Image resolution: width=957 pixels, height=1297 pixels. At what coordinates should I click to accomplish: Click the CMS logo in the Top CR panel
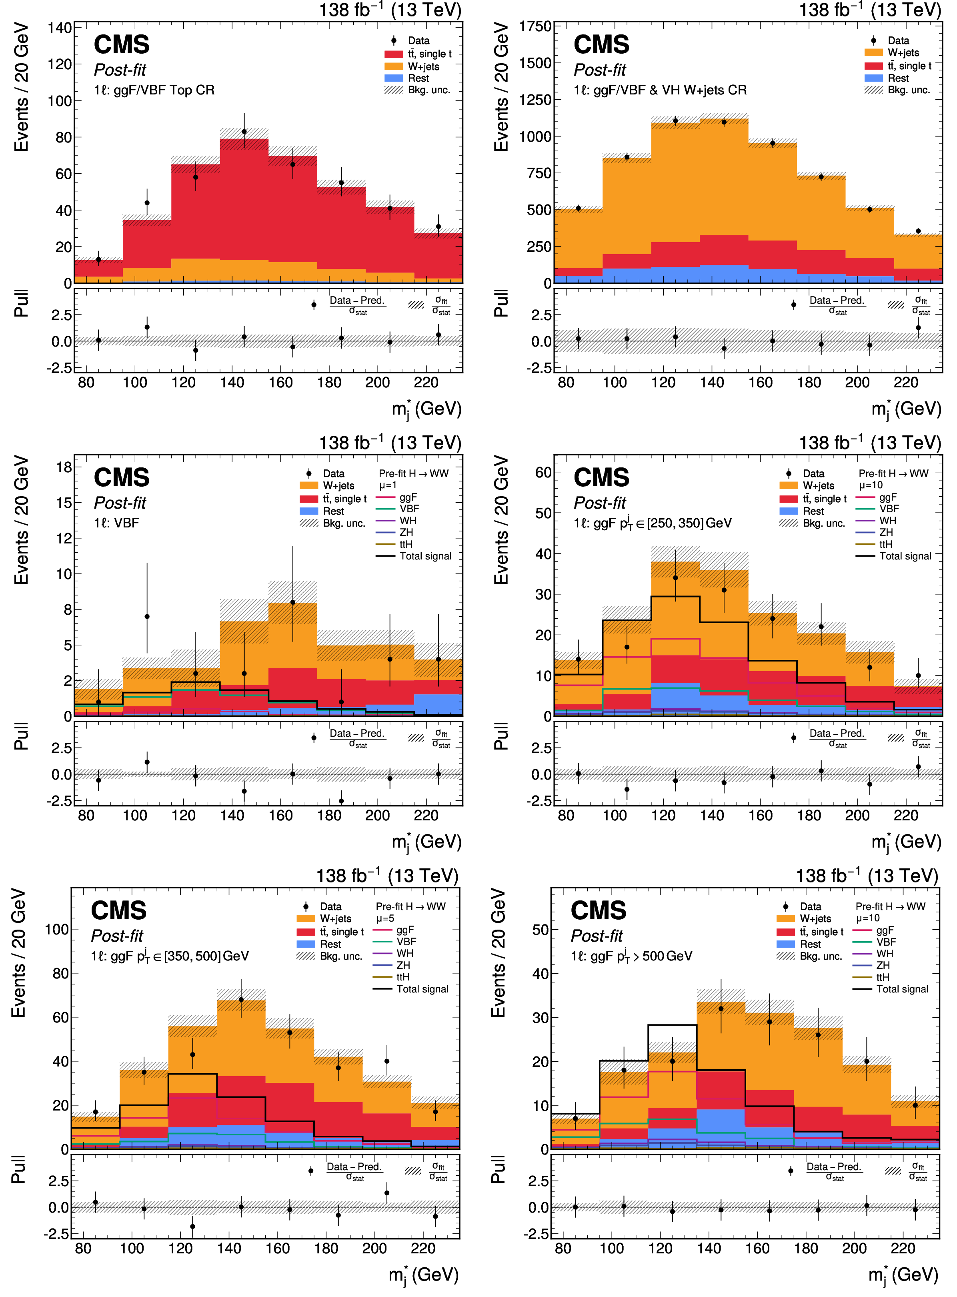coord(122,44)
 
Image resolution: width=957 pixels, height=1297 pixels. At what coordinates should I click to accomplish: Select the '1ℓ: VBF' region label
coord(116,523)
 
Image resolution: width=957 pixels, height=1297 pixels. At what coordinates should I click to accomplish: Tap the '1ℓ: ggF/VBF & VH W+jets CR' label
coord(660,90)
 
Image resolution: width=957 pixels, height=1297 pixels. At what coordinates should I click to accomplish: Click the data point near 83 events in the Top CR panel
coord(244,132)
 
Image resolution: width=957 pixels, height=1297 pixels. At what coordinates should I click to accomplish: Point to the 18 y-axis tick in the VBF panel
coord(64,467)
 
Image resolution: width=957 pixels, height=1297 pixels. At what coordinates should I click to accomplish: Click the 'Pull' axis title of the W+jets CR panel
coord(501,303)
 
